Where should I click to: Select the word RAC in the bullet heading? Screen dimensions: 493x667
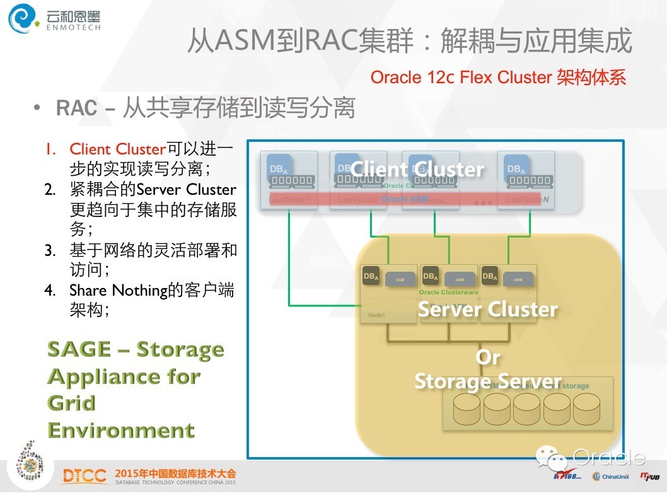pyautogui.click(x=76, y=108)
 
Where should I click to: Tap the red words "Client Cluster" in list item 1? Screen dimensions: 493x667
pyautogui.click(x=117, y=149)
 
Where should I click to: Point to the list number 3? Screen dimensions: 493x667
pyautogui.click(x=50, y=250)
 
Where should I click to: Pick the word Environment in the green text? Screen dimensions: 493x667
pyautogui.click(x=121, y=430)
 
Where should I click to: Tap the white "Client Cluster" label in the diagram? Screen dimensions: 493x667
pyautogui.click(x=417, y=169)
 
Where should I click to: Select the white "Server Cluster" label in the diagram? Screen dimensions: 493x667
pyautogui.click(x=488, y=309)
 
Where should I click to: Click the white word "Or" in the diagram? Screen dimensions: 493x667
pyautogui.click(x=488, y=357)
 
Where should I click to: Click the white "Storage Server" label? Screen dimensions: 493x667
pyautogui.click(x=487, y=381)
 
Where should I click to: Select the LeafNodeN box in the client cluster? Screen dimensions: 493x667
pyautogui.click(x=526, y=179)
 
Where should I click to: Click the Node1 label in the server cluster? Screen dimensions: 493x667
pyautogui.click(x=376, y=315)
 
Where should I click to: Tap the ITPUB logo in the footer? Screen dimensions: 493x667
pyautogui.click(x=649, y=476)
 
